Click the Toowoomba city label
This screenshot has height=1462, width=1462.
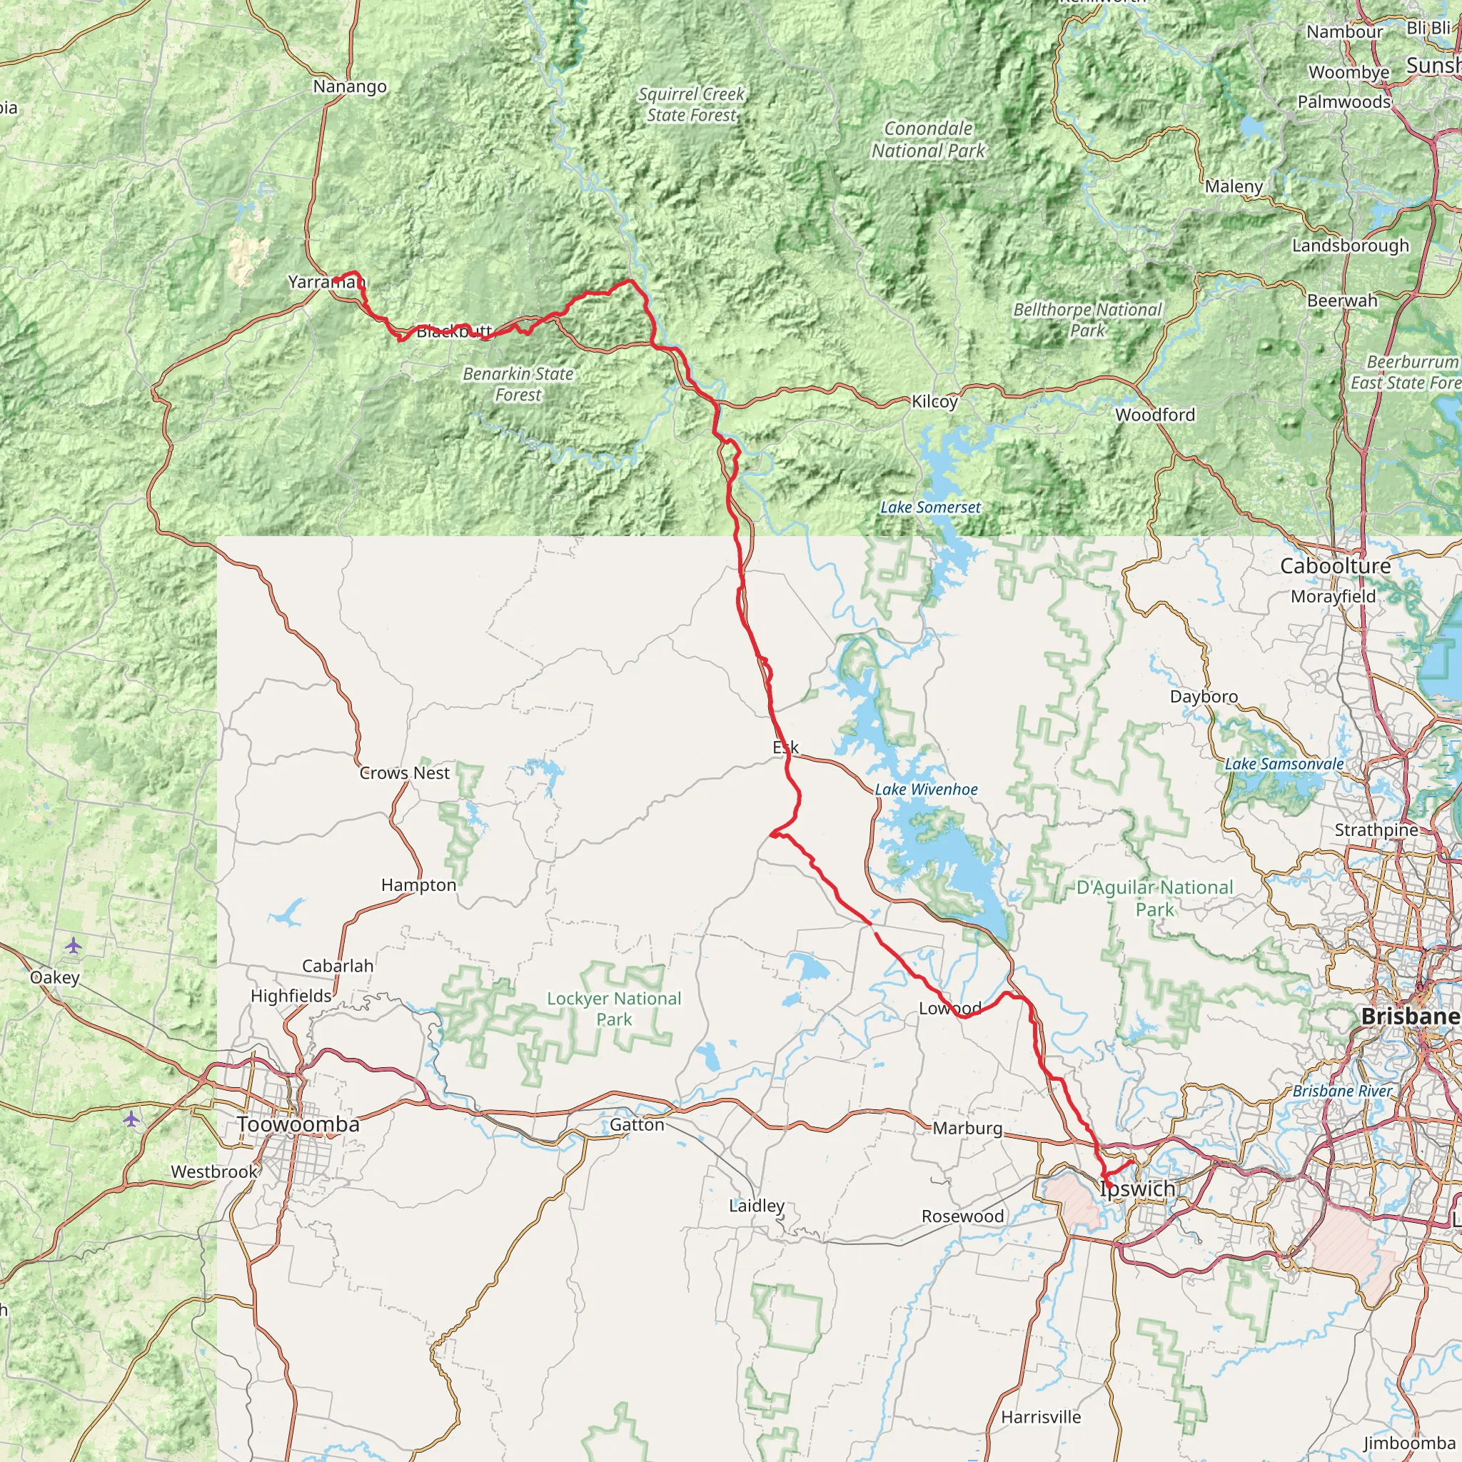click(x=298, y=1124)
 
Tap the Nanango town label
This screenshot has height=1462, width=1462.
click(x=350, y=87)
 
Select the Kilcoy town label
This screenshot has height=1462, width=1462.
click(x=934, y=402)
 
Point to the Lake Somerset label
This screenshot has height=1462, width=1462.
click(x=930, y=508)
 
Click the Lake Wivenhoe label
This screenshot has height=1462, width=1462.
click(x=926, y=790)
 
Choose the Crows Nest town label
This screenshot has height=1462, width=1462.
click(x=404, y=772)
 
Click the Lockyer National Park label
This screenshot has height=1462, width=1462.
click(x=614, y=1009)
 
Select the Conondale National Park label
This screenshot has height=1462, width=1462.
click(x=928, y=140)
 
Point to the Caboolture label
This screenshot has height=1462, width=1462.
click(x=1335, y=566)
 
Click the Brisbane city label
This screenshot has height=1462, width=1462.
click(x=1409, y=1017)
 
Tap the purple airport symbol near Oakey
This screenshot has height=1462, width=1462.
click(x=74, y=945)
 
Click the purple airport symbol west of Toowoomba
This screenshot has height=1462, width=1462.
click(x=131, y=1119)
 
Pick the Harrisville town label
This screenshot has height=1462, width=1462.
click(x=1041, y=1416)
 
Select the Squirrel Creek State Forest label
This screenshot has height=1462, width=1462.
click(x=691, y=104)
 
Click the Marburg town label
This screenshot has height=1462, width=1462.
click(x=967, y=1129)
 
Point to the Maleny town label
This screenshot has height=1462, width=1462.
click(x=1234, y=186)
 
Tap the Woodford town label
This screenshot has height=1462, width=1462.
click(x=1155, y=415)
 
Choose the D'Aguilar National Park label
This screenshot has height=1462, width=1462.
click(x=1155, y=897)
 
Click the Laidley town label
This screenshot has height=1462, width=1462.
click(x=756, y=1206)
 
